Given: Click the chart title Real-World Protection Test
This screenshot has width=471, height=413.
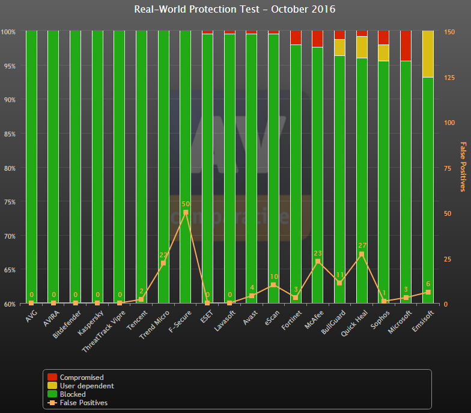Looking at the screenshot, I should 235,10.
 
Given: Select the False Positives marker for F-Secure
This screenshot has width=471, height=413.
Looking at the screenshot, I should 185,212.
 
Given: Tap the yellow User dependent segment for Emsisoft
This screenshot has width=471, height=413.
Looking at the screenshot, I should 428,54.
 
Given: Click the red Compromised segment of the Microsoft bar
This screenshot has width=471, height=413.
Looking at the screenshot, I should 406,46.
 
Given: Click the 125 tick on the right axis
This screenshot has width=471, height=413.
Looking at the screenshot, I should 449,77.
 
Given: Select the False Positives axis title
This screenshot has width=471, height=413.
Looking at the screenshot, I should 463,167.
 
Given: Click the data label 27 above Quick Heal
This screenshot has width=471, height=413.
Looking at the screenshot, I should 362,245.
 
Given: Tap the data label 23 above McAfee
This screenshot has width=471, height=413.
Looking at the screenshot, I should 318,253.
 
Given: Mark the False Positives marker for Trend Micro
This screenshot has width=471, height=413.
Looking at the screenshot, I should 163,263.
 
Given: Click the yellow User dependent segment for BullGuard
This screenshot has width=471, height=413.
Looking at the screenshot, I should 339,47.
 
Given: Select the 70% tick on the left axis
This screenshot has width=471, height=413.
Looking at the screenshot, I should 9,236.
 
